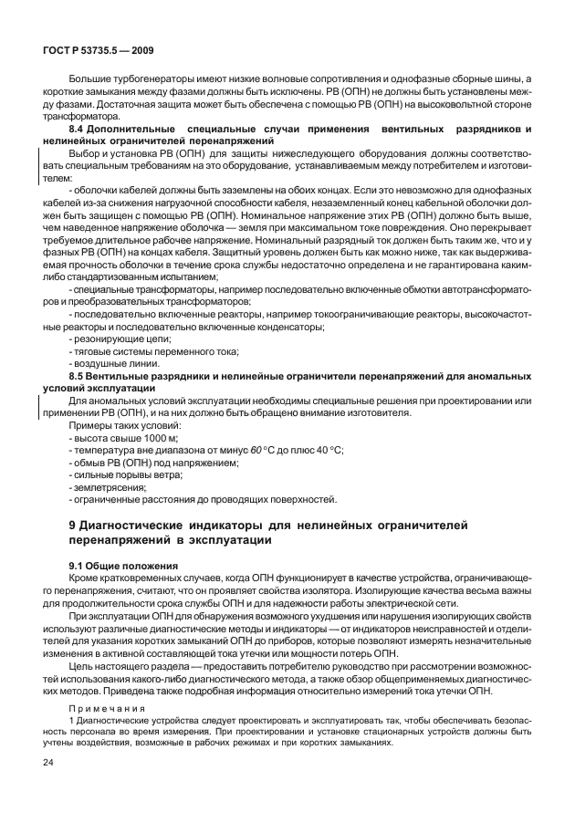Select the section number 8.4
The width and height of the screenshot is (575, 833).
[x=78, y=132]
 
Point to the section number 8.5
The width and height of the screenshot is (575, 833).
[x=78, y=375]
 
